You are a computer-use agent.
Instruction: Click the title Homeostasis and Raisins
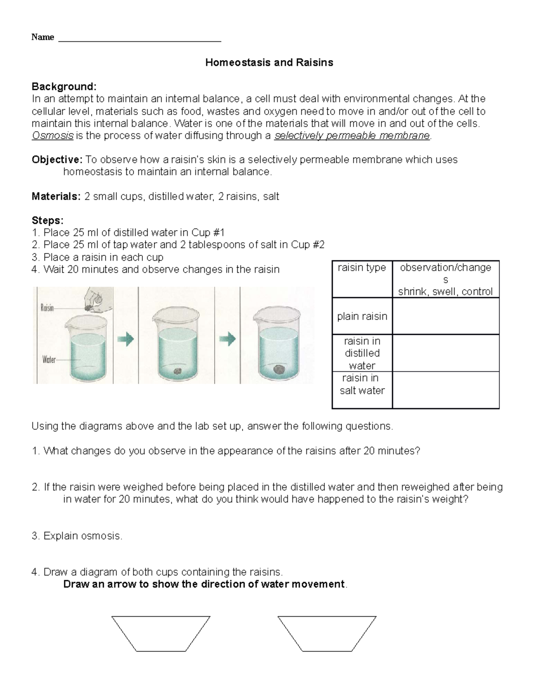(269, 62)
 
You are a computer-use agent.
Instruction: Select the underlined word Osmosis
(53, 136)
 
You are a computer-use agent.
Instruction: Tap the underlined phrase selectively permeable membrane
(352, 136)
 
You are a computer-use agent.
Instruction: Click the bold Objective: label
(57, 160)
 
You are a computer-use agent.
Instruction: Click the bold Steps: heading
(48, 221)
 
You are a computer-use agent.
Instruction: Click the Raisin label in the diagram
(47, 308)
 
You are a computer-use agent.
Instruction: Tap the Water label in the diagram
(49, 359)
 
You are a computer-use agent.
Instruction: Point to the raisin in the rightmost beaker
(279, 369)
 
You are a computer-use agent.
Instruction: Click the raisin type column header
(362, 268)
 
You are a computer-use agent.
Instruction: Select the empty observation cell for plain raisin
(446, 316)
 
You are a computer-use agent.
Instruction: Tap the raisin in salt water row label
(362, 384)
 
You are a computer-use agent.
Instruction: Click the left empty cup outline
(161, 633)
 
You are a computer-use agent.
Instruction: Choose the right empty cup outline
(327, 633)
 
